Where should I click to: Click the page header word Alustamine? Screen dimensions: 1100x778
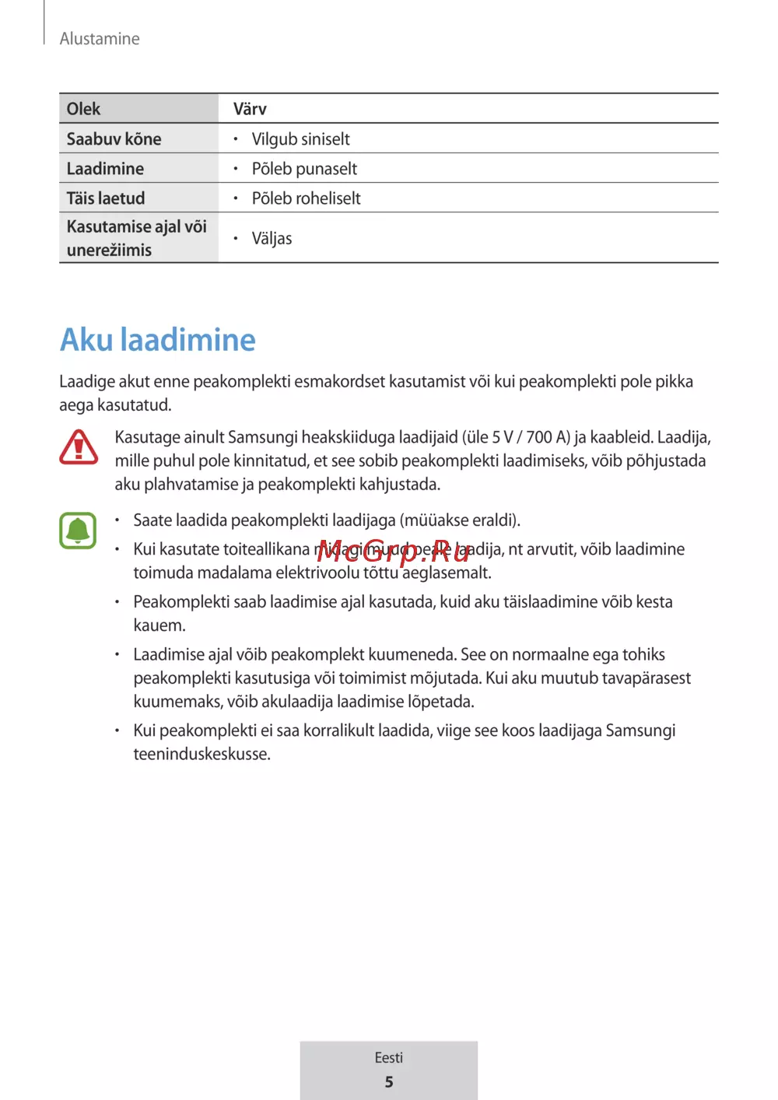[100, 39]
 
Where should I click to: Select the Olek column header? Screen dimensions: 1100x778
[83, 109]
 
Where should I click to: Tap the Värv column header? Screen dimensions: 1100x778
[250, 109]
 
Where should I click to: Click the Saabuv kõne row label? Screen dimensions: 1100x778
[114, 139]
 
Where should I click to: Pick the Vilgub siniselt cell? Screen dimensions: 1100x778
[300, 139]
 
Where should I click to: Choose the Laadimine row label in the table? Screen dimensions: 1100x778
[105, 169]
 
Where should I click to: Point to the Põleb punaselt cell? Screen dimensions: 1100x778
[304, 169]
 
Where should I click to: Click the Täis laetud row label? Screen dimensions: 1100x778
[105, 198]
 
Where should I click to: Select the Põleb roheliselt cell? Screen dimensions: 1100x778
[306, 198]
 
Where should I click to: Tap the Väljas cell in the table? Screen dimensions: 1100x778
[272, 239]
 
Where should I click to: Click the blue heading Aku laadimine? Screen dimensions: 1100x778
[158, 340]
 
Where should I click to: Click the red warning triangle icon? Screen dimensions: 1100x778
[79, 447]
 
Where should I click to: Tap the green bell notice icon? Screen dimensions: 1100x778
[78, 531]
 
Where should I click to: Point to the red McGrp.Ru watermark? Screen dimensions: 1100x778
[394, 551]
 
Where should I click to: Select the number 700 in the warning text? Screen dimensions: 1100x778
[538, 437]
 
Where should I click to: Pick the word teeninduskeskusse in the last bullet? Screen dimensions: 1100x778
[201, 754]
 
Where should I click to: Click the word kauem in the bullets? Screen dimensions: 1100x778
[158, 625]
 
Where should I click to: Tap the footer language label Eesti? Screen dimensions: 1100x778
[388, 1058]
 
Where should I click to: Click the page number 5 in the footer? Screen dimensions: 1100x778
[389, 1082]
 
